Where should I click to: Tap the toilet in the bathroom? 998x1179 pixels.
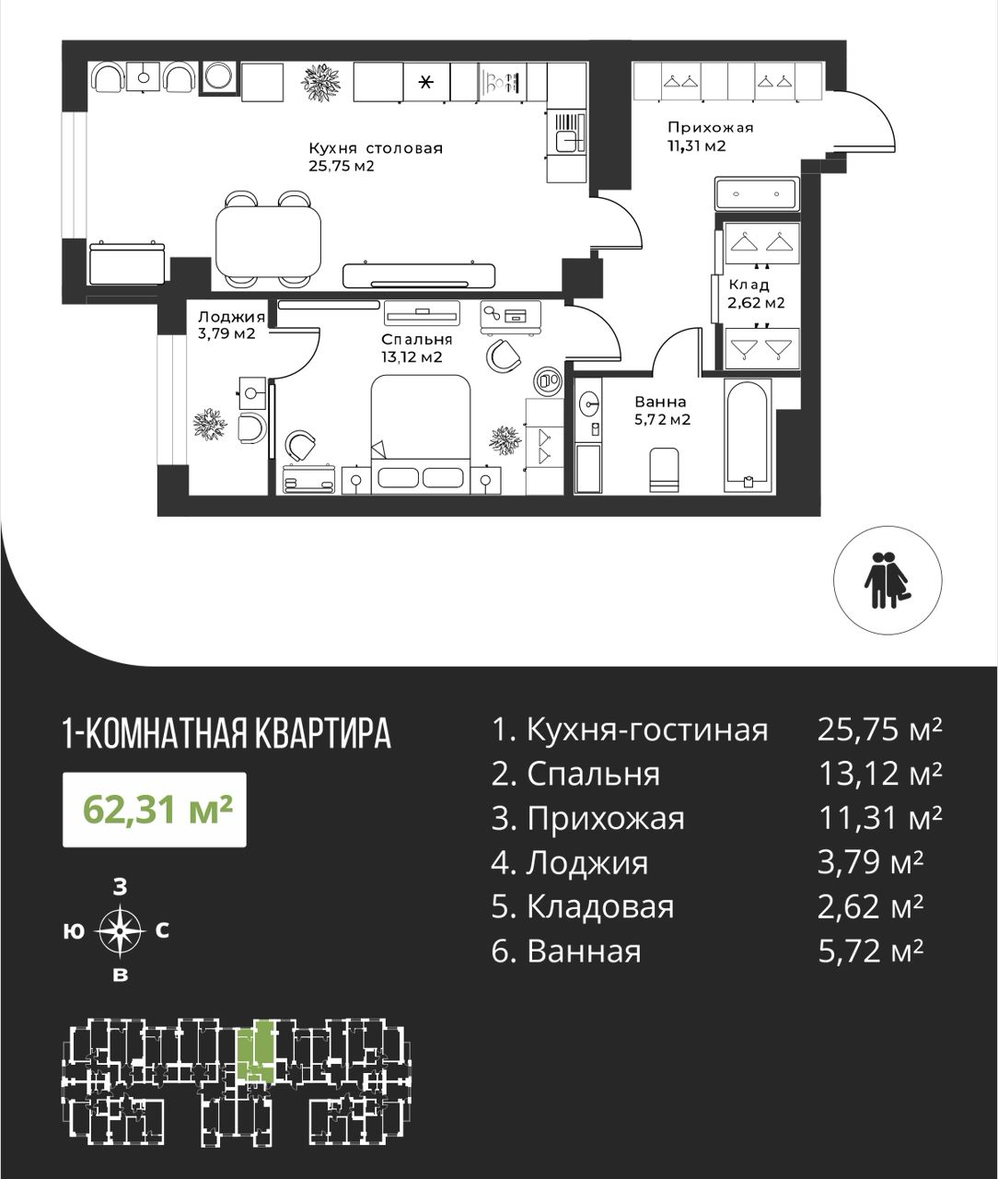pyautogui.click(x=664, y=470)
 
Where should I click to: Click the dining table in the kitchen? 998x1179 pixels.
pyautogui.click(x=268, y=240)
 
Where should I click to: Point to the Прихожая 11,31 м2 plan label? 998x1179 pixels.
pyautogui.click(x=710, y=137)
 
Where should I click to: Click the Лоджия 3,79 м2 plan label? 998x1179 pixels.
pyautogui.click(x=231, y=324)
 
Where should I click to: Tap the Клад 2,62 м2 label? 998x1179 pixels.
pyautogui.click(x=756, y=294)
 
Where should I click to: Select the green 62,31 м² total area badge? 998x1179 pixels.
pyautogui.click(x=155, y=810)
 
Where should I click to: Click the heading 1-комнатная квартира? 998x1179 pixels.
pyautogui.click(x=227, y=733)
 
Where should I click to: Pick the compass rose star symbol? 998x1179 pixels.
pyautogui.click(x=120, y=931)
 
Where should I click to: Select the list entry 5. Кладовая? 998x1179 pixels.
pyautogui.click(x=582, y=906)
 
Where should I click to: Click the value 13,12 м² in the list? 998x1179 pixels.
pyautogui.click(x=880, y=774)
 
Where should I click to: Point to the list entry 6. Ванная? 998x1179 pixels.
pyautogui.click(x=566, y=951)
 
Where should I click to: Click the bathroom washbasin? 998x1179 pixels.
pyautogui.click(x=588, y=403)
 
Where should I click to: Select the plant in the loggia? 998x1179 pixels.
pyautogui.click(x=210, y=424)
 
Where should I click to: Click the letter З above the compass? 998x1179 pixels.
pyautogui.click(x=120, y=888)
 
